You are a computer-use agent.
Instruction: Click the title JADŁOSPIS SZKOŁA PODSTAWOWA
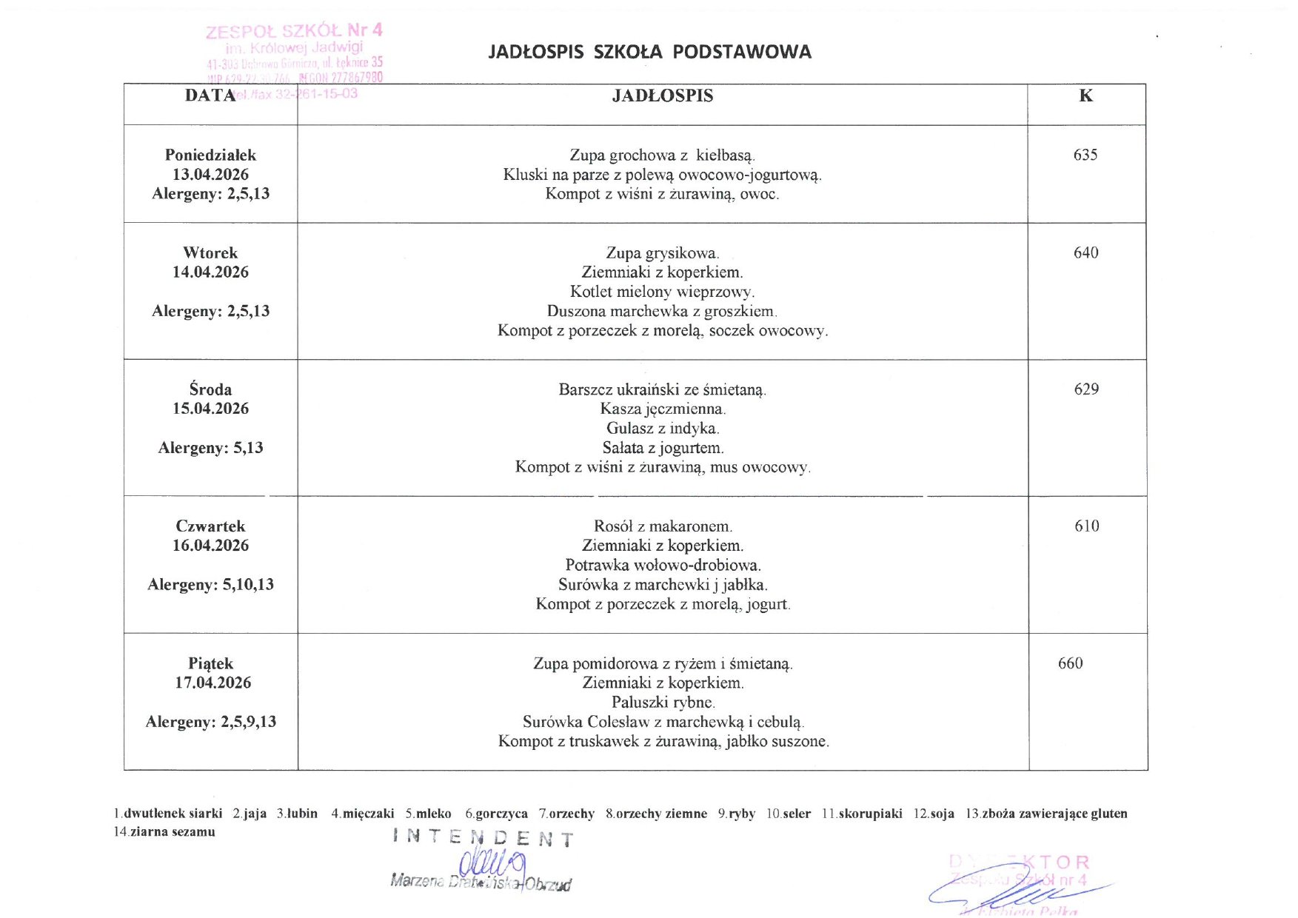[x=649, y=52]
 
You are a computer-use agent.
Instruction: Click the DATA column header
[x=210, y=96]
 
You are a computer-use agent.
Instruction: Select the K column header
[x=1085, y=96]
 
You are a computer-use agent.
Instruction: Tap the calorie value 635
[x=1085, y=155]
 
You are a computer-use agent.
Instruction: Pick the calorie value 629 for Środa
[x=1086, y=389]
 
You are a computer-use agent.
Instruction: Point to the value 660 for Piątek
[x=1070, y=663]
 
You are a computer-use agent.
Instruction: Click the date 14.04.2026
[x=210, y=272]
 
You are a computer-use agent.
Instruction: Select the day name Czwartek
[x=210, y=526]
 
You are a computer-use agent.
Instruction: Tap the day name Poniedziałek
[x=210, y=155]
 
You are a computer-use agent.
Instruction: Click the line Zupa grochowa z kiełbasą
[x=662, y=155]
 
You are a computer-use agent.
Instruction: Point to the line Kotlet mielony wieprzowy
[x=662, y=292]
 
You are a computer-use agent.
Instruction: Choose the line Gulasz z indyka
[x=662, y=429]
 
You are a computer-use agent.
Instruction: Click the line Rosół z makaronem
[x=662, y=526]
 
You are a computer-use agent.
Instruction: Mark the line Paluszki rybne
[x=662, y=703]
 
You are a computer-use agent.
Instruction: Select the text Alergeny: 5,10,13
[x=210, y=585]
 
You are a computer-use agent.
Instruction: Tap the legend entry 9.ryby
[x=736, y=814]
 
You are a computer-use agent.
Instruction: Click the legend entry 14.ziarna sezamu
[x=164, y=832]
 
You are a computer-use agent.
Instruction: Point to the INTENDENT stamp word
[x=483, y=839]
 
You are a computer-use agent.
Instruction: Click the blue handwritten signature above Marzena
[x=492, y=863]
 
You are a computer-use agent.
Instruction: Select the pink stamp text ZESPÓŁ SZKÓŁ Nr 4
[x=294, y=31]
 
